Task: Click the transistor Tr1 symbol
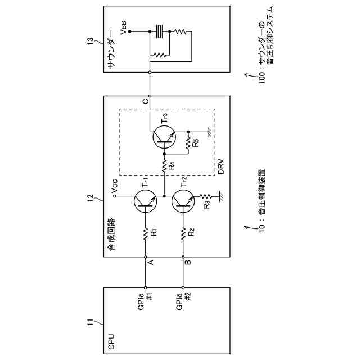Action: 146,201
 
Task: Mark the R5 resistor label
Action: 195,142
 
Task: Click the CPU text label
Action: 111,341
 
